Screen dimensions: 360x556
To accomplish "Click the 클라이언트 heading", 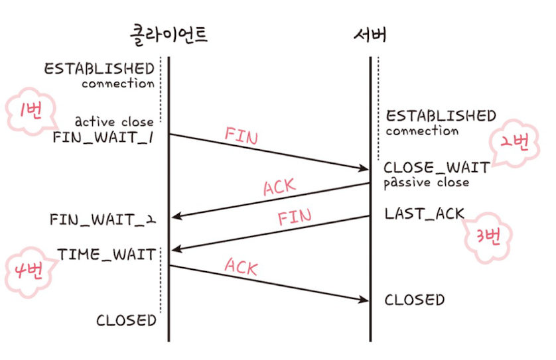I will (169, 33).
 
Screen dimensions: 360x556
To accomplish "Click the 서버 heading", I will (370, 33).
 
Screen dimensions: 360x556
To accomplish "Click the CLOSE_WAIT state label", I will (437, 167).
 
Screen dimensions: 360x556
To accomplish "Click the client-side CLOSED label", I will (126, 320).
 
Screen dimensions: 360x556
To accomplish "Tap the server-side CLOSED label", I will (415, 300).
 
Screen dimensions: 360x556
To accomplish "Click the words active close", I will (113, 122).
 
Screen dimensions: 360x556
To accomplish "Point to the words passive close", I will (426, 182).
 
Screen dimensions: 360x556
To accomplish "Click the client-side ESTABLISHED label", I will (99, 68).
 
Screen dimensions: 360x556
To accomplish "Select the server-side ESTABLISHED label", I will (441, 116).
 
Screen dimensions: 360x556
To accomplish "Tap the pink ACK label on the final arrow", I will (241, 267).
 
